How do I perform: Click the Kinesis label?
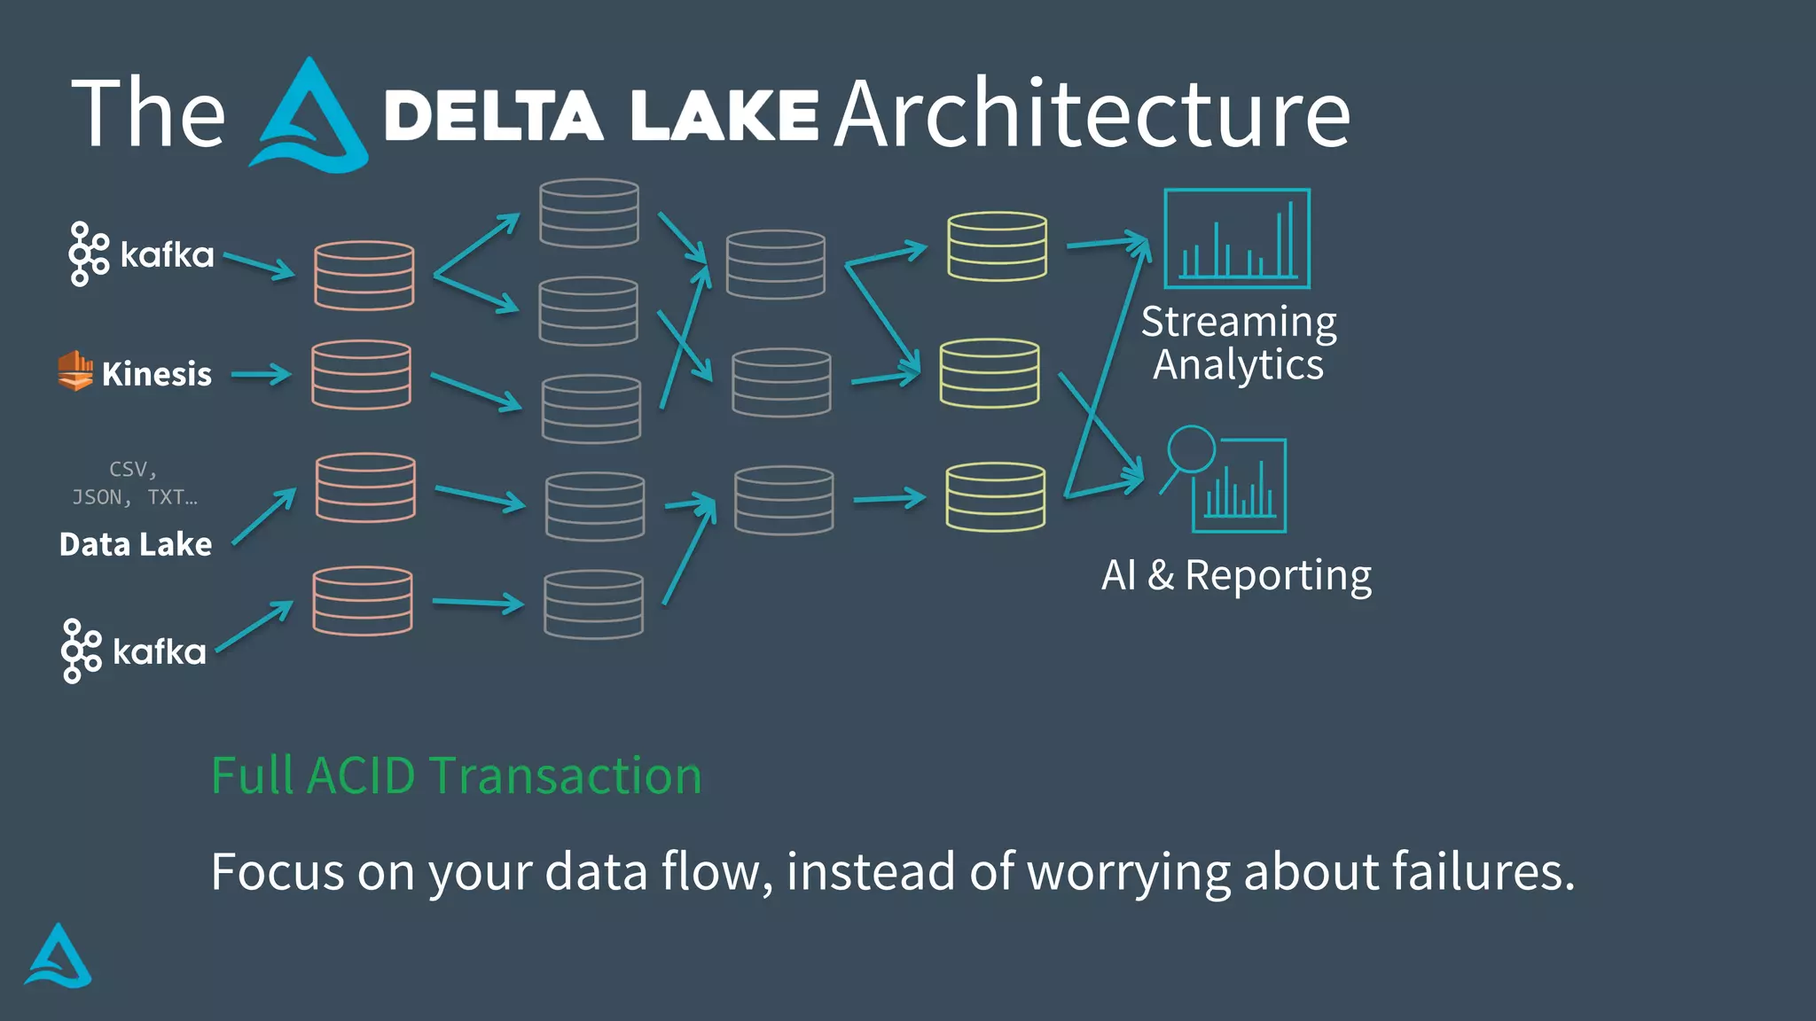point(157,374)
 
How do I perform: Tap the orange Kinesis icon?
point(75,370)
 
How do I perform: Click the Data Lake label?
point(136,544)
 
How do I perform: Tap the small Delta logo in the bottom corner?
point(59,956)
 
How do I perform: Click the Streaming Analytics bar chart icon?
point(1237,238)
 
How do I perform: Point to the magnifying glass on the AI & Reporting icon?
point(1190,449)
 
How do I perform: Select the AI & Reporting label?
point(1236,575)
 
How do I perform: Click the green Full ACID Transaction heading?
point(457,775)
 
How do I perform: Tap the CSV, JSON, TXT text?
point(135,483)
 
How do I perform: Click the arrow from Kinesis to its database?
point(261,375)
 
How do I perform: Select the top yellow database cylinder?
point(997,246)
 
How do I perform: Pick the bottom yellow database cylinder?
point(995,496)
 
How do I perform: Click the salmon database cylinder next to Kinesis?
point(362,375)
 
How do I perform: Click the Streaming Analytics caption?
point(1239,343)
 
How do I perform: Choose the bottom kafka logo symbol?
point(81,651)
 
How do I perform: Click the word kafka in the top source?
point(167,255)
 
